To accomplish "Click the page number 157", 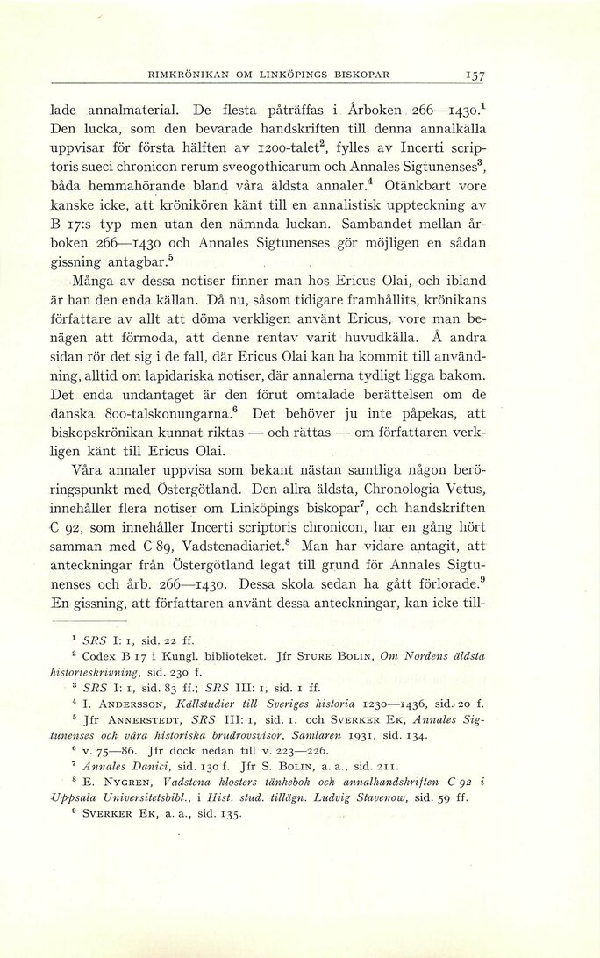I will click(x=476, y=75).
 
